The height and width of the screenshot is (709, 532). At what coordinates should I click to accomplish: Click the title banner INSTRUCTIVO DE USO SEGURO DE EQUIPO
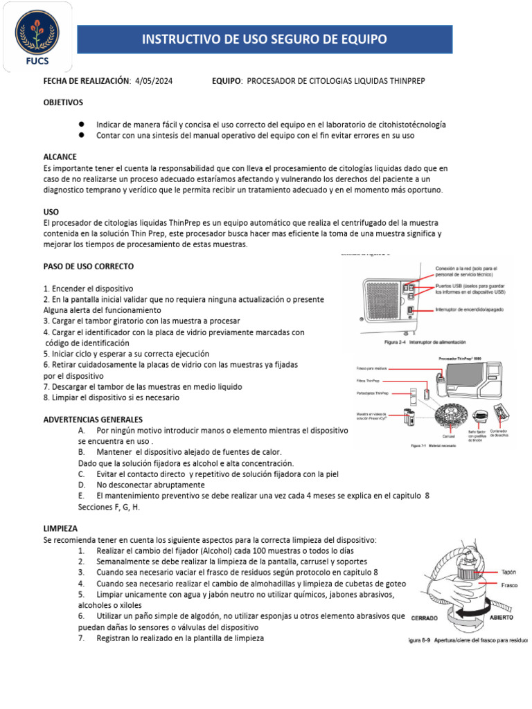[264, 39]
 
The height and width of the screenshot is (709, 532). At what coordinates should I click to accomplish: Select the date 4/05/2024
[154, 81]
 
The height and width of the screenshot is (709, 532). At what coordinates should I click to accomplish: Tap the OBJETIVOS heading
[63, 102]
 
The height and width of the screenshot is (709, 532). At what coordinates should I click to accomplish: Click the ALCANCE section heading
[60, 157]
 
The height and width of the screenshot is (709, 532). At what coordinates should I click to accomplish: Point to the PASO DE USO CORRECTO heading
[88, 267]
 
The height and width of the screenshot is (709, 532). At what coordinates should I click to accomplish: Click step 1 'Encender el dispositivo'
[88, 288]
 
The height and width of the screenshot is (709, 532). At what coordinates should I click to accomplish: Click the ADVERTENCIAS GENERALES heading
[93, 420]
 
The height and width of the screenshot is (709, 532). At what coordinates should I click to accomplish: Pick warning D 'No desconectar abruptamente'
[150, 485]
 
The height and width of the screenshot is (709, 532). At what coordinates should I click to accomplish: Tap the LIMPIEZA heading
[60, 528]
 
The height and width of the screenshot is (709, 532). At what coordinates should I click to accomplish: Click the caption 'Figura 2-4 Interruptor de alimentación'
[425, 341]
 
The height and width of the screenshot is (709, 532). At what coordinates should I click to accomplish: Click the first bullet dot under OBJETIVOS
[82, 123]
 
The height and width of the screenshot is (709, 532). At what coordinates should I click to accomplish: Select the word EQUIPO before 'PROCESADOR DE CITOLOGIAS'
[227, 81]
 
